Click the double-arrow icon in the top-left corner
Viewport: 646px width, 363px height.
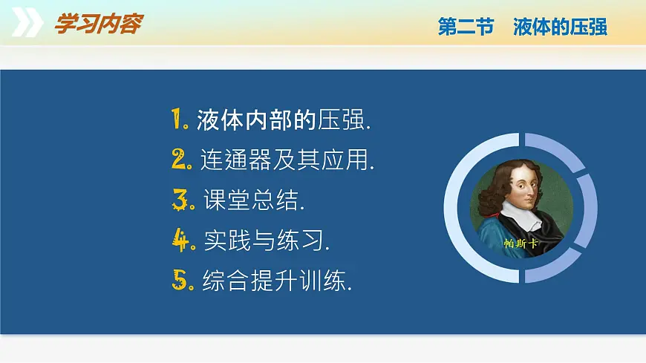(27, 24)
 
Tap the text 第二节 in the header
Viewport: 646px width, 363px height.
(466, 27)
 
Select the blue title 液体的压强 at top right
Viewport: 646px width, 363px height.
(560, 27)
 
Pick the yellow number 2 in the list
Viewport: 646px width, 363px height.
(180, 159)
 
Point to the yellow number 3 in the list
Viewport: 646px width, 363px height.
(181, 199)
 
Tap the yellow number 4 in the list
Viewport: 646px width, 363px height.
(182, 240)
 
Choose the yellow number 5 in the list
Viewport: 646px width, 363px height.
(180, 280)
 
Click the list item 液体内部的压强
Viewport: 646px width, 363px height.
(283, 120)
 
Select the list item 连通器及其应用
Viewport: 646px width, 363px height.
(287, 160)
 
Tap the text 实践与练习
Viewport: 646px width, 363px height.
(266, 240)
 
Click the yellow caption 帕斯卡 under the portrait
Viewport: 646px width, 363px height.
(520, 243)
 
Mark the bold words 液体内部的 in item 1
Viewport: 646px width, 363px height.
(256, 120)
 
